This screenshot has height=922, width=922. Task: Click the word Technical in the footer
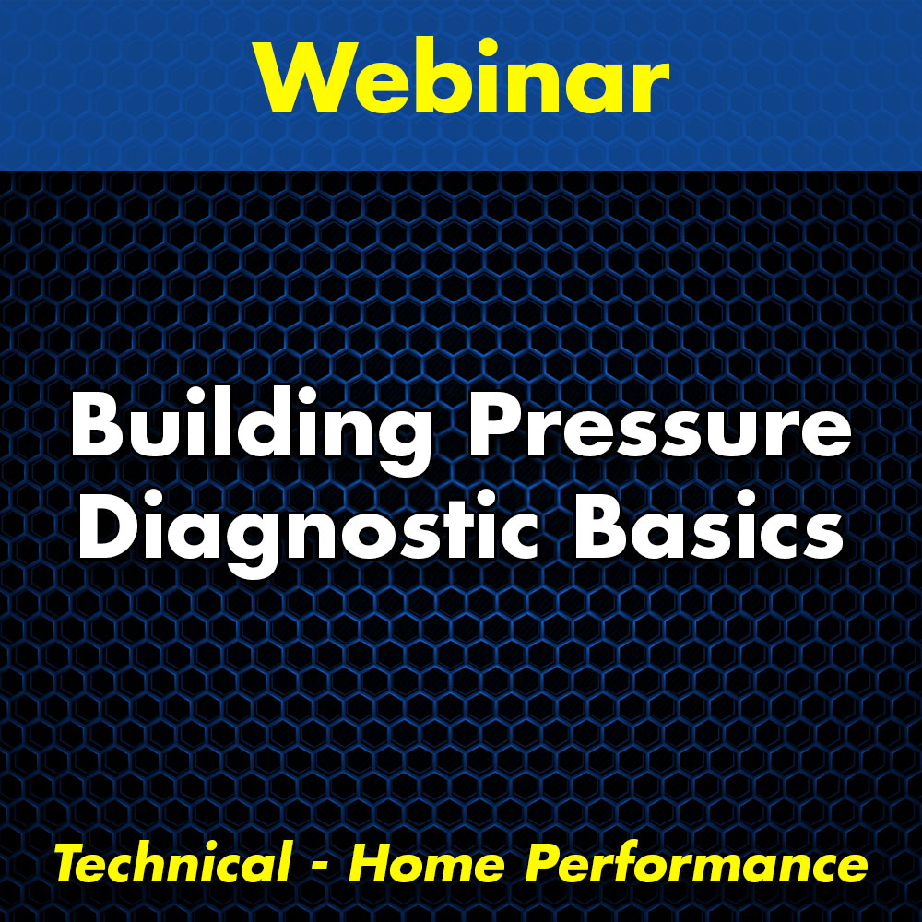pos(171,865)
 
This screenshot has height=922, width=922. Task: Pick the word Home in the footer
pos(428,865)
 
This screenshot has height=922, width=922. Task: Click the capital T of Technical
pos(70,865)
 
